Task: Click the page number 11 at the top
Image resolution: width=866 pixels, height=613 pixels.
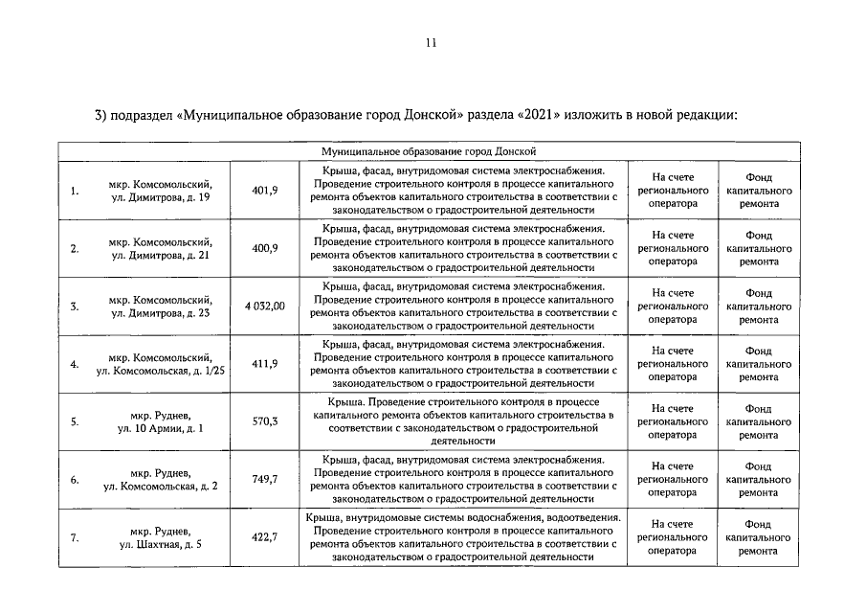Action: tap(432, 42)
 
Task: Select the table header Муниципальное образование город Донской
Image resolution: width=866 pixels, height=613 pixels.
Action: tap(428, 151)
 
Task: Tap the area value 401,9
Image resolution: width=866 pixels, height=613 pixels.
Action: tap(264, 191)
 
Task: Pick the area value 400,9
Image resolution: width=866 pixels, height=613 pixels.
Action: tap(264, 248)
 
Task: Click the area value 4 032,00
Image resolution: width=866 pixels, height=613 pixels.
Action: tap(264, 306)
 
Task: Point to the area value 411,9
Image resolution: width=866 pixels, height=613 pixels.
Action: tap(264, 364)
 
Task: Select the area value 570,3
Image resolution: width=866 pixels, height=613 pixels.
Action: tap(264, 421)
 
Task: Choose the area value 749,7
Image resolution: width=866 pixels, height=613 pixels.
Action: tap(264, 479)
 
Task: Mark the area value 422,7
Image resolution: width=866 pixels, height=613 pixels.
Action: tap(264, 537)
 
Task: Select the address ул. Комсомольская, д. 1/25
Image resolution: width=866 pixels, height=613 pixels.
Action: tap(161, 371)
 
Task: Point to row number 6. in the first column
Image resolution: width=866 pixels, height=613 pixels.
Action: tap(75, 480)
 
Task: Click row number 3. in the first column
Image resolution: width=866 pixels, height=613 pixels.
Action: tap(75, 306)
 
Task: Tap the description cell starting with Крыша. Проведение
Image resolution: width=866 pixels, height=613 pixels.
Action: tap(462, 421)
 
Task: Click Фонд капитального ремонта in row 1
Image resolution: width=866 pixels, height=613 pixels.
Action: tap(758, 191)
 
